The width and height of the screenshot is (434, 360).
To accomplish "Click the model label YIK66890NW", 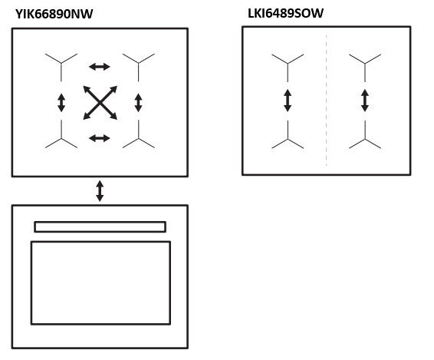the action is point(54,14).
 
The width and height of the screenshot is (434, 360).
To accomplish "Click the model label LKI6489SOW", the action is point(285,13).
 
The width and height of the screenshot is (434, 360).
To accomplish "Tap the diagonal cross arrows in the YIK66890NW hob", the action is point(100,103).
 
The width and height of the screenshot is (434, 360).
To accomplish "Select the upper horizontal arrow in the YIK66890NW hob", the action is point(100,67).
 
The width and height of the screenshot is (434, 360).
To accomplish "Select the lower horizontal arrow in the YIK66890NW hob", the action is point(100,138).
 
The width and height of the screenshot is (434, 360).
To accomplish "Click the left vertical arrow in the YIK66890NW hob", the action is point(61,103).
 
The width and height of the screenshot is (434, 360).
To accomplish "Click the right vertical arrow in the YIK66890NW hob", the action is point(138,103).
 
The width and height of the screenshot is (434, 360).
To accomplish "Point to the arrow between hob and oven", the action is point(100,191).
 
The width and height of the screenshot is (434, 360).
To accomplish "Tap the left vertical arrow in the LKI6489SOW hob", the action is point(288,101).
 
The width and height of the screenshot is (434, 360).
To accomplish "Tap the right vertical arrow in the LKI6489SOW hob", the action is point(365,101).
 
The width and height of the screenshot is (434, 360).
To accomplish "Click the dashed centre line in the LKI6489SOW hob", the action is point(327,101).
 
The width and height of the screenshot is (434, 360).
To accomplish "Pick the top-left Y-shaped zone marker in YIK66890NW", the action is point(61,64).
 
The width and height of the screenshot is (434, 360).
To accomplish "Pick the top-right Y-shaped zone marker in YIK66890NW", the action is point(138,64).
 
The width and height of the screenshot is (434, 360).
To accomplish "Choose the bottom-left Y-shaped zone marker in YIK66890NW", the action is point(61,137).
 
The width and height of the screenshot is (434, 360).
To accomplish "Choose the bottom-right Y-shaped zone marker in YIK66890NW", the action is point(138,137).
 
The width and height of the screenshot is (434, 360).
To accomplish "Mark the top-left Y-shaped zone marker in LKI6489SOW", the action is point(288,64).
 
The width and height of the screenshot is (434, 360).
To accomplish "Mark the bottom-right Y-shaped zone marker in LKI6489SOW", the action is point(365,138).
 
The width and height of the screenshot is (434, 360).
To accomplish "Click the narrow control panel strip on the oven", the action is point(100,226).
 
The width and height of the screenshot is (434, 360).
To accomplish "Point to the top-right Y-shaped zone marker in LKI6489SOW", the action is point(365,64).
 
